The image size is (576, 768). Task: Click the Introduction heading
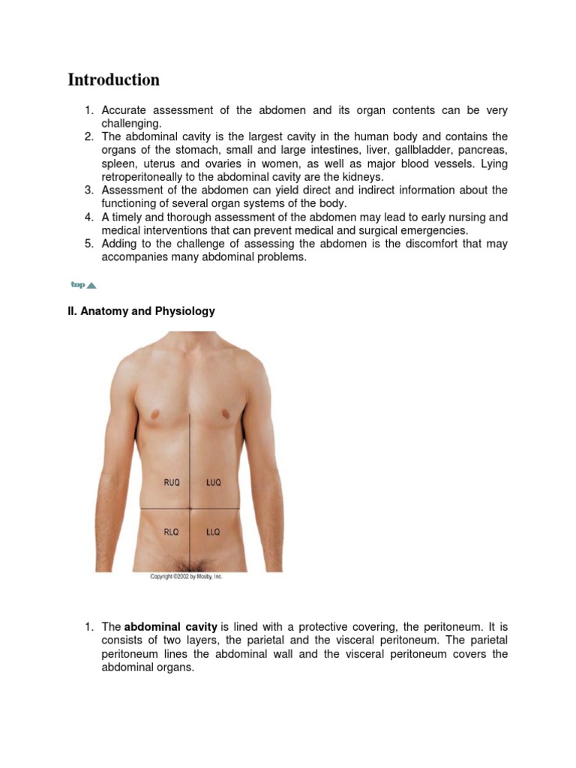(x=113, y=79)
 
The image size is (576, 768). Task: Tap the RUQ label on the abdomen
(x=172, y=483)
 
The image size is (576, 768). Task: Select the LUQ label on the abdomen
(x=213, y=483)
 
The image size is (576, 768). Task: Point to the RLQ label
(x=172, y=532)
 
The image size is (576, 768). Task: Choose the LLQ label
(x=213, y=532)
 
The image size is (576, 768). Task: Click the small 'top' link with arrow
(x=83, y=285)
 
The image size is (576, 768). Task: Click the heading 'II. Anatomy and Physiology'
(x=141, y=311)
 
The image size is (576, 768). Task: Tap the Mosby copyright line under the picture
(x=187, y=577)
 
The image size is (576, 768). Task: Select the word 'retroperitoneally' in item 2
(x=142, y=177)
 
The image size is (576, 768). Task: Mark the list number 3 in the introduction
(x=88, y=190)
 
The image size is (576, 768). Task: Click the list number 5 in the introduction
(x=88, y=244)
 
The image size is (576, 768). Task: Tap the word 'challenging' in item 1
(x=131, y=124)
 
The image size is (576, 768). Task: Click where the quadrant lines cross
(x=190, y=508)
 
